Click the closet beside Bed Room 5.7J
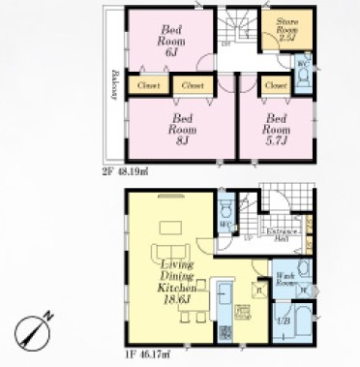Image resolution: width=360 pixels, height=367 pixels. pyautogui.click(x=274, y=85)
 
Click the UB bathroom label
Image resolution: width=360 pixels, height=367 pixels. pyautogui.click(x=284, y=320)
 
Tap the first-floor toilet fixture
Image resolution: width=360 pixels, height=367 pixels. pyautogui.click(x=225, y=208)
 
